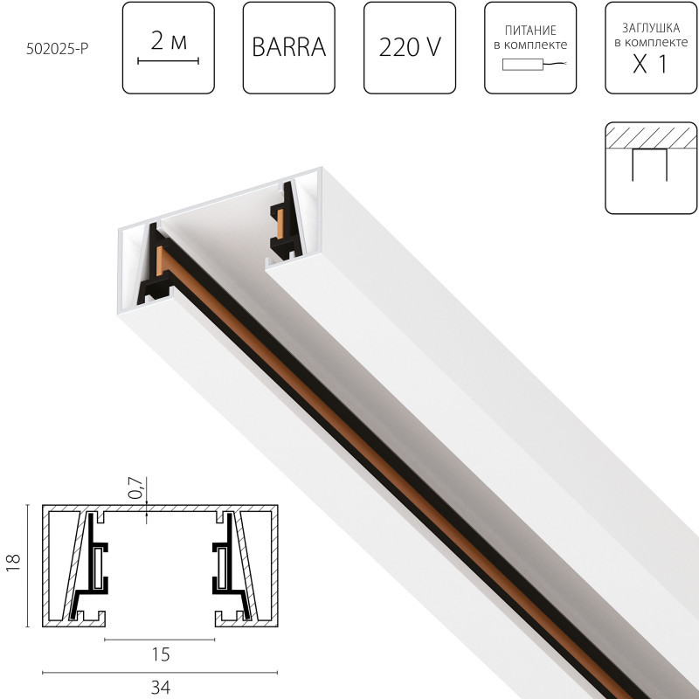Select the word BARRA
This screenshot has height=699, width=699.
coord(288,48)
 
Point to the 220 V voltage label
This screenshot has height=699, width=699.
coord(409,48)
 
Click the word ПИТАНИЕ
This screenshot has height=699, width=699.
coord(529,29)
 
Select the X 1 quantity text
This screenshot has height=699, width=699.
coord(650,65)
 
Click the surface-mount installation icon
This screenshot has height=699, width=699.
coord(650,167)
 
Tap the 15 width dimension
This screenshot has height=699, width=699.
coord(160,654)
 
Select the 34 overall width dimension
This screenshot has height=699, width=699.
coord(160,687)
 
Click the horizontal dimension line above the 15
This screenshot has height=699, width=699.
coord(160,640)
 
